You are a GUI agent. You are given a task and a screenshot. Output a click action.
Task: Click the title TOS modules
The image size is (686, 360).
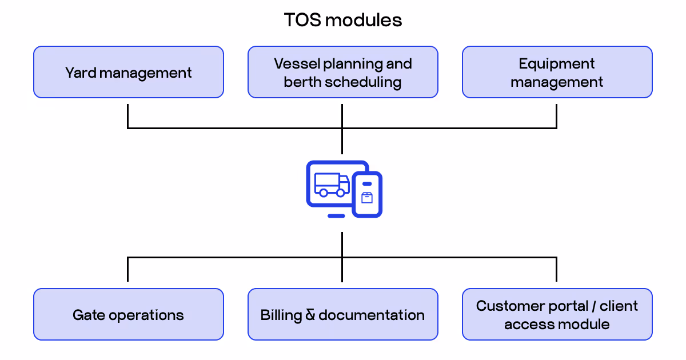[343, 20]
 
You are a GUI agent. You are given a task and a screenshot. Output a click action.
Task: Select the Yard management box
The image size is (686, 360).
[128, 73]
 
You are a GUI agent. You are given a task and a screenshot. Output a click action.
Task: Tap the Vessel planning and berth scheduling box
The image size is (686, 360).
[342, 73]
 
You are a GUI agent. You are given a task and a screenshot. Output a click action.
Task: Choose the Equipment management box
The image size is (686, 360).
[557, 73]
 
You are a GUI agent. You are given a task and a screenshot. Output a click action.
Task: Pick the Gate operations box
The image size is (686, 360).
[128, 315]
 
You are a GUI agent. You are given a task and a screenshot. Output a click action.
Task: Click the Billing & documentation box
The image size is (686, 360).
[342, 315]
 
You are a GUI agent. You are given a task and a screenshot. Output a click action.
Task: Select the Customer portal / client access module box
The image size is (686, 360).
[557, 315]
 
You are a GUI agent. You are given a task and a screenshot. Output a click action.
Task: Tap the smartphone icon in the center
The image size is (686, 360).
[367, 194]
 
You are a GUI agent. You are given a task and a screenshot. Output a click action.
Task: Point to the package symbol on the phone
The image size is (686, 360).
[367, 198]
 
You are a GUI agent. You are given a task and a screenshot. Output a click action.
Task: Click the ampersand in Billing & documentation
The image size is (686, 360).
[310, 315]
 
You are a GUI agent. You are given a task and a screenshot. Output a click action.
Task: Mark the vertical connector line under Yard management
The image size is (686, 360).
[127, 115]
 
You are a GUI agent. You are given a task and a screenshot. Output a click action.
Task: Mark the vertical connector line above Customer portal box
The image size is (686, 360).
[556, 270]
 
